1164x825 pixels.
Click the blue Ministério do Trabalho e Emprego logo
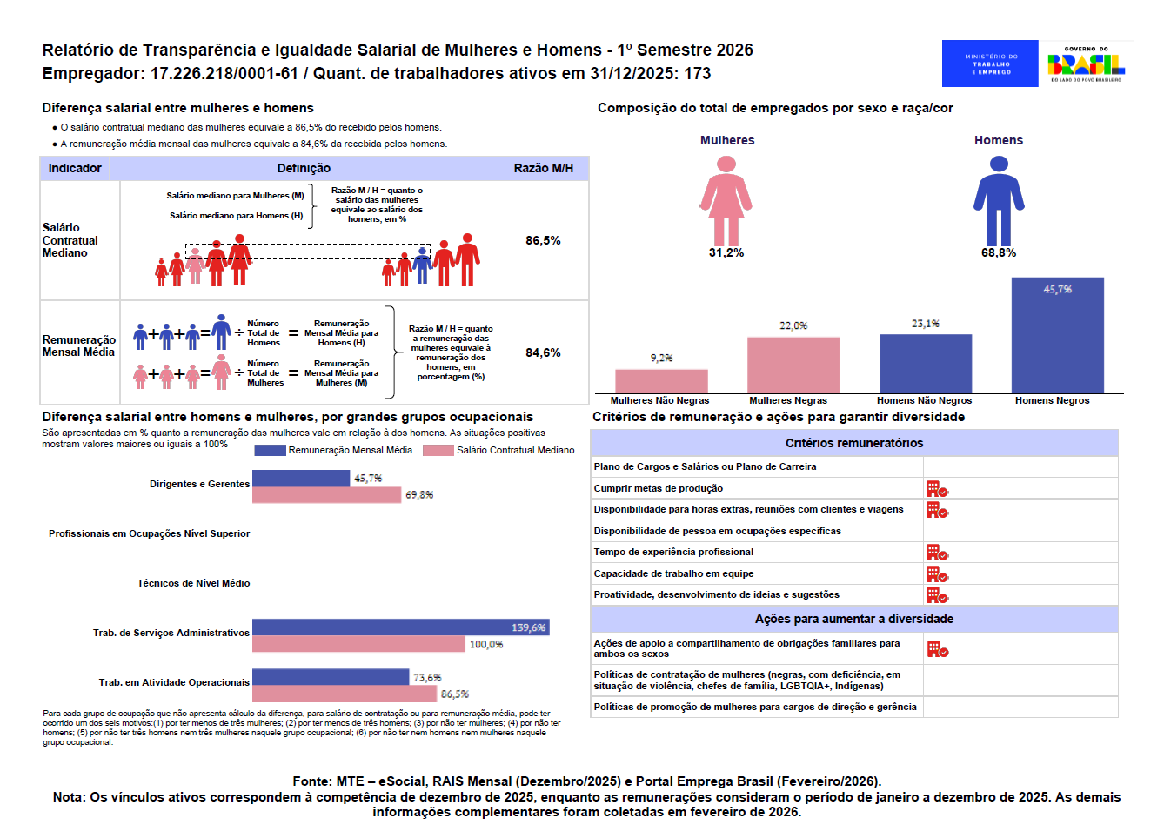990,64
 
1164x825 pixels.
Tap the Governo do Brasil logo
1086,64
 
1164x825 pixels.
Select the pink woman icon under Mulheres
726,201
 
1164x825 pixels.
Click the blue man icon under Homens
999,201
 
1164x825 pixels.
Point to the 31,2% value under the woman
726,253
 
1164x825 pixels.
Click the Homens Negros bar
1057,336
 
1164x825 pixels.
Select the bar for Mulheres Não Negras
661,381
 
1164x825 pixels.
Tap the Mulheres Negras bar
793,366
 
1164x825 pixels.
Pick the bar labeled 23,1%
925,364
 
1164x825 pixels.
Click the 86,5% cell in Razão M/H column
543,240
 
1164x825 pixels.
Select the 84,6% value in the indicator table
543,352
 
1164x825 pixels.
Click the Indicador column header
75,168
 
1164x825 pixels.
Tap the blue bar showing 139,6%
400,627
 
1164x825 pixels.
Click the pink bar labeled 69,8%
327,495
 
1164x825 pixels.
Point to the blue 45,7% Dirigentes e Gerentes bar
301,478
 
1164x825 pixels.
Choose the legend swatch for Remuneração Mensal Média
270,450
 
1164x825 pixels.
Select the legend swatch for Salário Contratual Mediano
438,450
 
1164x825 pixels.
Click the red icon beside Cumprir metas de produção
936,489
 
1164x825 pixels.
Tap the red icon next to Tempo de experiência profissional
936,553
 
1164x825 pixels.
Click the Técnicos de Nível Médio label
193,583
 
